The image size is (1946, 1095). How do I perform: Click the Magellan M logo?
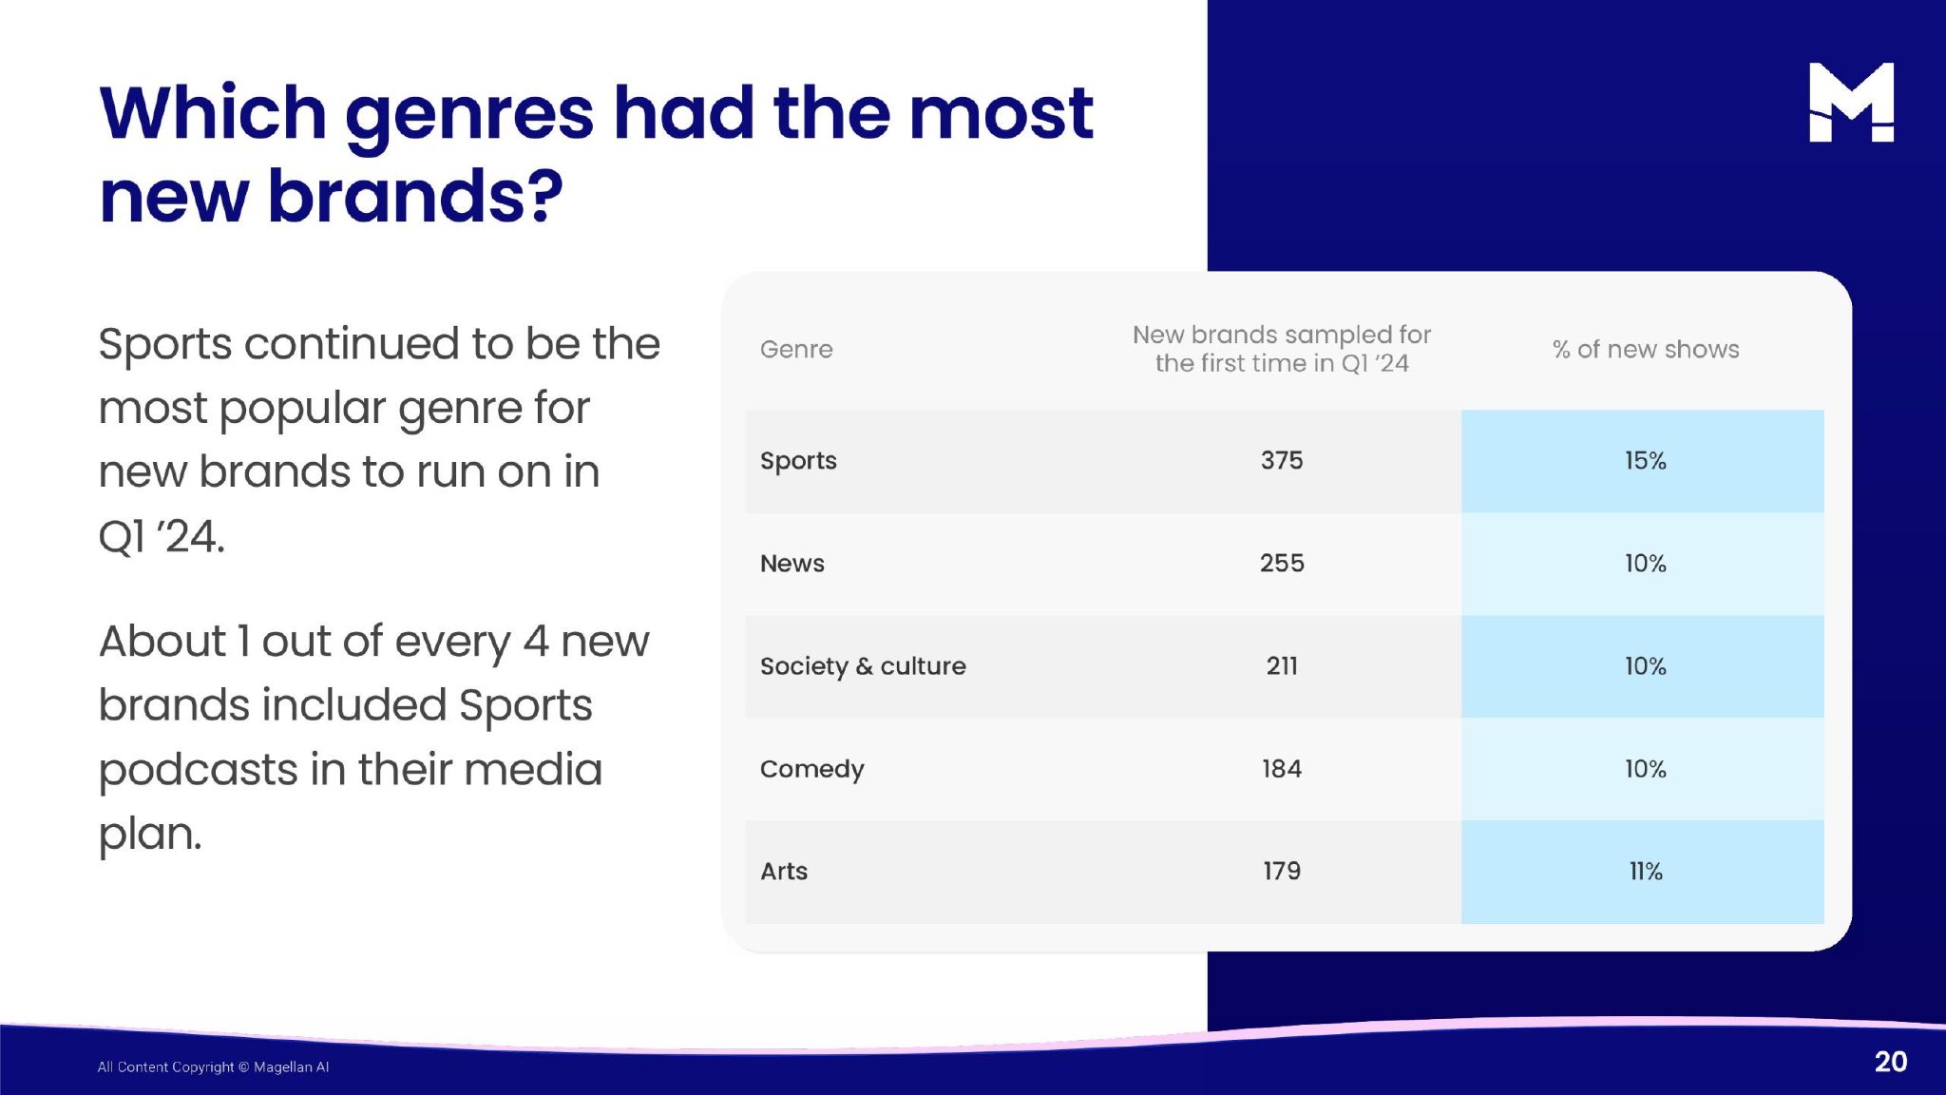coord(1851,102)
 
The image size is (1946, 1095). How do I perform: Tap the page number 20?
coord(1891,1062)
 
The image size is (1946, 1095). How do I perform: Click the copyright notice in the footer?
coord(213,1066)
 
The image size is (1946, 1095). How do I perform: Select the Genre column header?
coord(796,349)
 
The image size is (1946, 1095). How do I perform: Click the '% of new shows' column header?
coord(1646,349)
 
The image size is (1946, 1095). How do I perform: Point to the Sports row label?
coord(798,461)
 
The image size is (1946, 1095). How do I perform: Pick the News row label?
coord(792,564)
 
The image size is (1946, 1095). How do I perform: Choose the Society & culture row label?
coord(863,666)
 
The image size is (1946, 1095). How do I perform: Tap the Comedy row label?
coord(812,769)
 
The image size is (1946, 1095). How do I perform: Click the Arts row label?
coord(784,872)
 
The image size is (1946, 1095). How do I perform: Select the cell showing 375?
coord(1282,461)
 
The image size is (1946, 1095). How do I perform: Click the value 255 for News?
coord(1282,564)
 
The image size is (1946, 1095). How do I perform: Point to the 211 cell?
coord(1282,666)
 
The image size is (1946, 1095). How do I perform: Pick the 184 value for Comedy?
coord(1282,769)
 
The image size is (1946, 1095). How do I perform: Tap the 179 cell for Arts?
coord(1282,872)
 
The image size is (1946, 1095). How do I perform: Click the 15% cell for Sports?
coord(1646,461)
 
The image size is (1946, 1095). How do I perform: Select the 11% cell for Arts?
coord(1646,872)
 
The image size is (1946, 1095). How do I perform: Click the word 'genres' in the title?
coord(469,116)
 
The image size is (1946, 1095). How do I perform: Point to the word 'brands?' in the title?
coord(415,197)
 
